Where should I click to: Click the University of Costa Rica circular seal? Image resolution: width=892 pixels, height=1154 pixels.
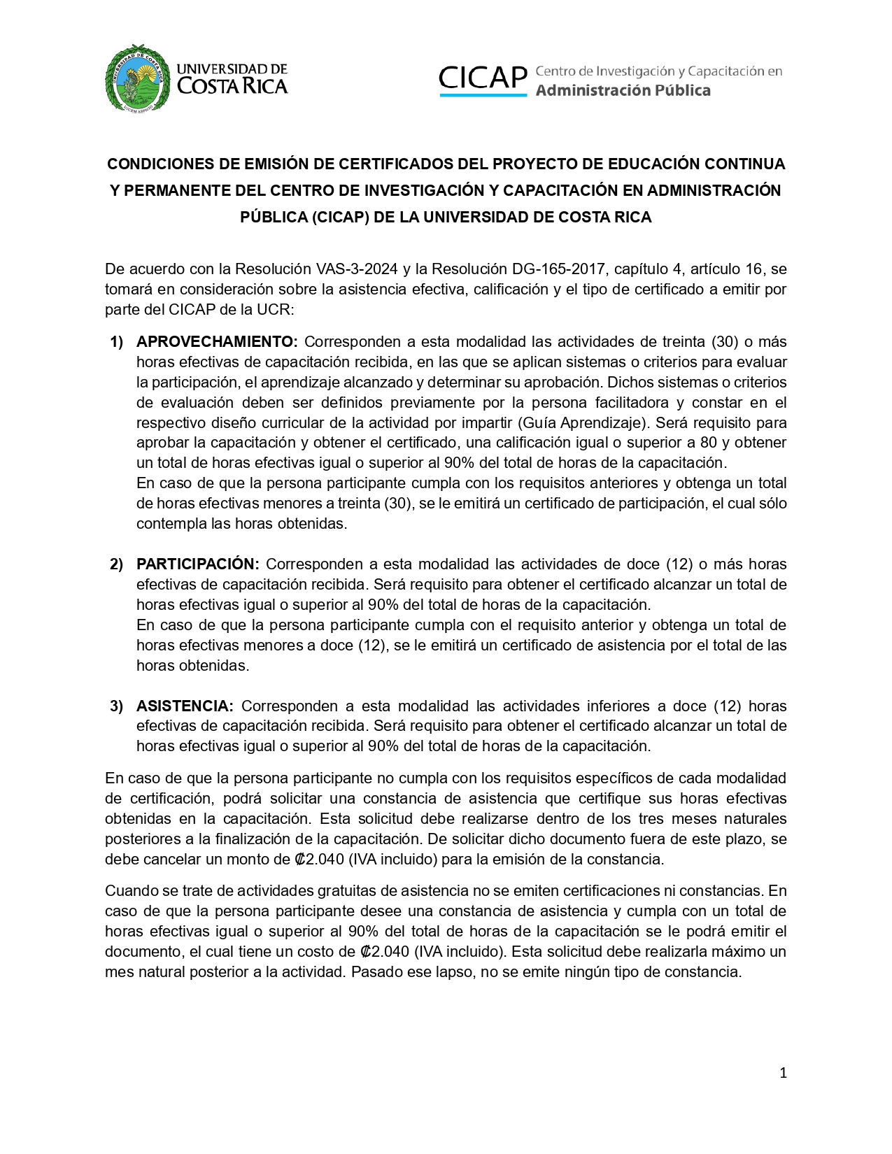(137, 77)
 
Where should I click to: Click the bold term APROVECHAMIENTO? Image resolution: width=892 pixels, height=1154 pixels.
(217, 342)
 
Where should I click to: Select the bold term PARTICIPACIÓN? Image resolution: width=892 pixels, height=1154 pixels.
(198, 564)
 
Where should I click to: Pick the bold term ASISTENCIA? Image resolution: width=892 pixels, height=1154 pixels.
(185, 706)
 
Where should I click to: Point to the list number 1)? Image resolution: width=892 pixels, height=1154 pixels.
(116, 342)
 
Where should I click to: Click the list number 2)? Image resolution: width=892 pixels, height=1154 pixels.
(116, 564)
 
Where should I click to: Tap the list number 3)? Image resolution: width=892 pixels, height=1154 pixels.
(116, 706)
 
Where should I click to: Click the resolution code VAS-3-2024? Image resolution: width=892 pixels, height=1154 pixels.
(357, 269)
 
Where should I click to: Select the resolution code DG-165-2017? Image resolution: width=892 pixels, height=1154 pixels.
(558, 269)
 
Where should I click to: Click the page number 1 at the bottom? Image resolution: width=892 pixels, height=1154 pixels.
(783, 1073)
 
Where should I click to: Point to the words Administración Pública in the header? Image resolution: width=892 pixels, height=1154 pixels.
(623, 90)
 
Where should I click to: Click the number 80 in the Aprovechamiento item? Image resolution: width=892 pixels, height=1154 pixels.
(709, 443)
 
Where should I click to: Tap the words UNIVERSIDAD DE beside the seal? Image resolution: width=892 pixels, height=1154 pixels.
(232, 69)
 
